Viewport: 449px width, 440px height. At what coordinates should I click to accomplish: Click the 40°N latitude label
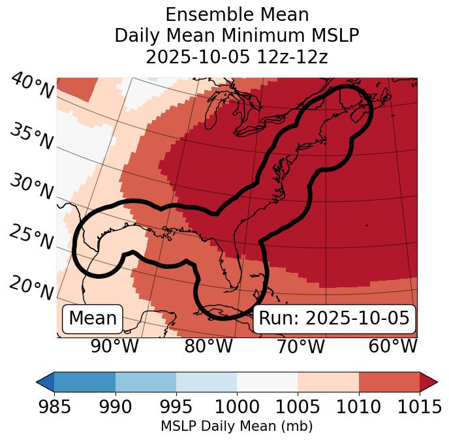click(31, 86)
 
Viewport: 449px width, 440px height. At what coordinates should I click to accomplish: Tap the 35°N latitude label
click(31, 136)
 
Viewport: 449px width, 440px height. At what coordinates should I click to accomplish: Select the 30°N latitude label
click(31, 187)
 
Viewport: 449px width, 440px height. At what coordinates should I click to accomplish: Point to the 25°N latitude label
click(31, 237)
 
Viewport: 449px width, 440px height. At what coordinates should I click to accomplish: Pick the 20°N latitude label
click(31, 287)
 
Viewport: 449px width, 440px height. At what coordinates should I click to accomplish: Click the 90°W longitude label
click(114, 346)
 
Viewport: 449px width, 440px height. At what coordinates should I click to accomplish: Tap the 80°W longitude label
click(208, 346)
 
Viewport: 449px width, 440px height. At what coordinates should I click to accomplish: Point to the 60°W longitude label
click(392, 346)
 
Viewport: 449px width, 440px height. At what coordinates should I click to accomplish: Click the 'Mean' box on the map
click(93, 319)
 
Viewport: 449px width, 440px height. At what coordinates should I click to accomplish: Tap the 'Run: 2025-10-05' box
click(334, 319)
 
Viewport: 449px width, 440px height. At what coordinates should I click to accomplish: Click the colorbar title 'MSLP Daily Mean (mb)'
click(236, 426)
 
